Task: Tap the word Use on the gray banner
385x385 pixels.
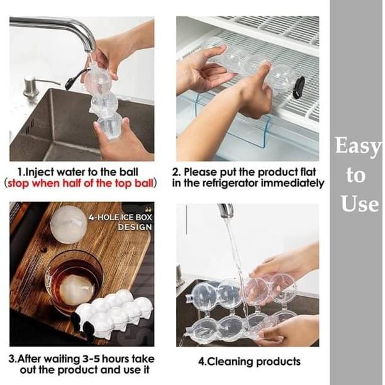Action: pyautogui.click(x=360, y=203)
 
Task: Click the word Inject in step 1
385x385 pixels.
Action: pyautogui.click(x=40, y=172)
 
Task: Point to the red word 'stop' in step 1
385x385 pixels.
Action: pyautogui.click(x=19, y=184)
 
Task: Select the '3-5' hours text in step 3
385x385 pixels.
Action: pyautogui.click(x=91, y=359)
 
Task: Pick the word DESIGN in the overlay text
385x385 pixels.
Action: pyautogui.click(x=135, y=227)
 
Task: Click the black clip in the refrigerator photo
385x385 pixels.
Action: pyautogui.click(x=299, y=88)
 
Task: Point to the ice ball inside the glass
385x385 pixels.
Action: pyautogui.click(x=77, y=290)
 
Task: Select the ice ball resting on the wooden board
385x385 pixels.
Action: pyautogui.click(x=69, y=225)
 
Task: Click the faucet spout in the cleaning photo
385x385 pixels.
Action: pyautogui.click(x=226, y=210)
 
